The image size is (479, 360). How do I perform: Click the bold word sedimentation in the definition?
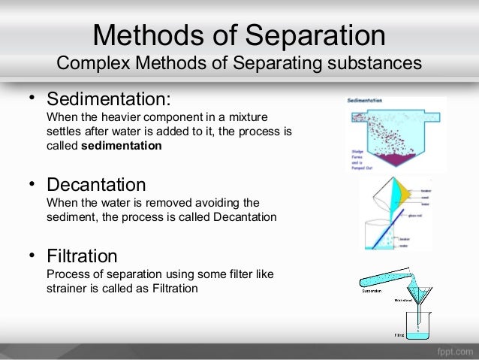[x=121, y=146]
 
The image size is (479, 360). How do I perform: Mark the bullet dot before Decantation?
[x=32, y=183]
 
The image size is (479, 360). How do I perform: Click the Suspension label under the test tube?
[x=371, y=291]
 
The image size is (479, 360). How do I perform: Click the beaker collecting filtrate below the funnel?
[x=422, y=331]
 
